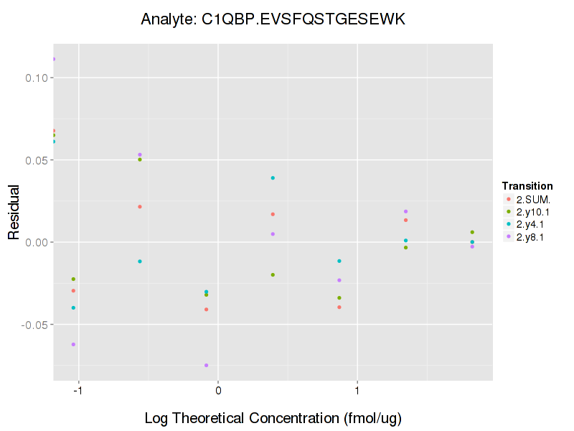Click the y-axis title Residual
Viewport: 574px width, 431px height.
14,213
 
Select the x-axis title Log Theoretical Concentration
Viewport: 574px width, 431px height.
273,418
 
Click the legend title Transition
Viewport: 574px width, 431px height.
527,186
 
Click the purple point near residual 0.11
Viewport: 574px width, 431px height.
54,59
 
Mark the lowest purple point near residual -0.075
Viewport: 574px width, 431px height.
207,365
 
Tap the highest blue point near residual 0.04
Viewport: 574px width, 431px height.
273,177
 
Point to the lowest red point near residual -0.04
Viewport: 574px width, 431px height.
207,310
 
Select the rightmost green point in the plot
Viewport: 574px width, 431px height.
472,232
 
